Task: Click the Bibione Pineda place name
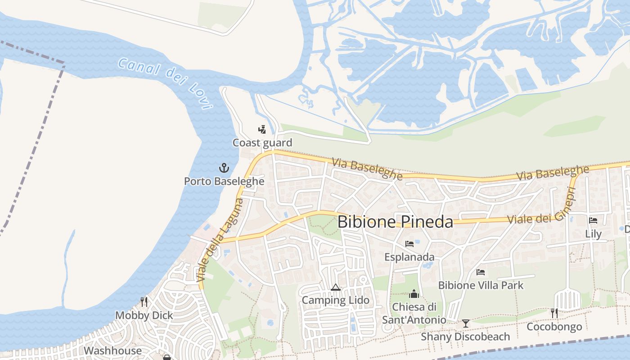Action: pos(395,221)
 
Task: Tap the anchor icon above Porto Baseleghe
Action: pos(224,168)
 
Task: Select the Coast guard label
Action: pos(262,143)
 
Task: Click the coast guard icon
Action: pos(262,130)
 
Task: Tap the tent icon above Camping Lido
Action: pos(336,287)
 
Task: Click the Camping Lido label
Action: pos(336,300)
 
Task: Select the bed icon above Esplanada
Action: pos(409,244)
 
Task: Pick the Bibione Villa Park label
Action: pos(481,285)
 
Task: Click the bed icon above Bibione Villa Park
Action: pos(481,272)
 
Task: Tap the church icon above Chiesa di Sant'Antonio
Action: pos(414,294)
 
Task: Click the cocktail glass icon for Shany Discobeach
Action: pos(466,324)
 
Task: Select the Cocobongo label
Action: pos(554,327)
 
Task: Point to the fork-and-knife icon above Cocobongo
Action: pos(554,313)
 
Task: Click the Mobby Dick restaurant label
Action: pos(144,315)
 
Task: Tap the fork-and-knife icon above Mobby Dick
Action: pos(144,301)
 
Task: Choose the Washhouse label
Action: pos(112,351)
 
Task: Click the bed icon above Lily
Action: pos(593,220)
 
